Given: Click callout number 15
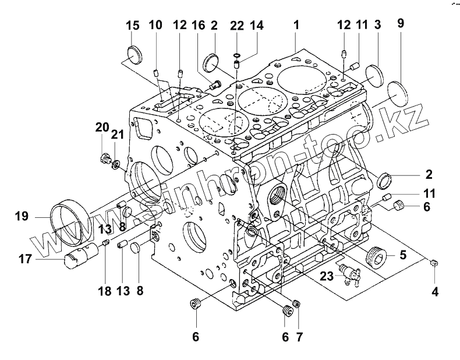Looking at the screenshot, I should tap(133, 26).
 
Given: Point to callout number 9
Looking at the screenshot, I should tap(400, 24).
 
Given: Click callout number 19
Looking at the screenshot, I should tap(22, 217).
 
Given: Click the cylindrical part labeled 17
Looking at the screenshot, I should tap(82, 255).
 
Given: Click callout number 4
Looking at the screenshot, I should tap(435, 287).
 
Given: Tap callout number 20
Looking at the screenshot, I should tap(102, 127).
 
